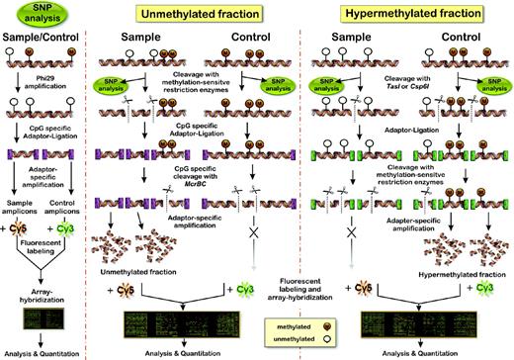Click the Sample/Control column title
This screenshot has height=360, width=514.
pyautogui.click(x=43, y=45)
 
